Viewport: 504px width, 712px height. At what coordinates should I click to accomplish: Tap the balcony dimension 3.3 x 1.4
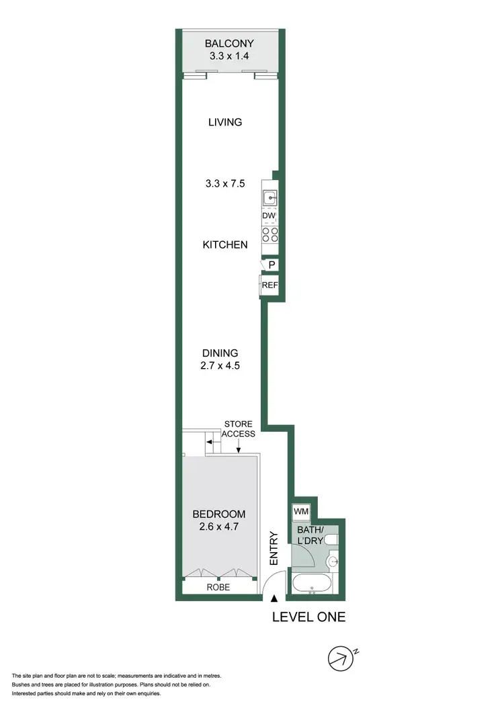[x=230, y=57]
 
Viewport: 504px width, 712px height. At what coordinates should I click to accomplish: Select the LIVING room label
[x=224, y=122]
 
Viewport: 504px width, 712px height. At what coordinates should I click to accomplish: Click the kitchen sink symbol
[x=269, y=198]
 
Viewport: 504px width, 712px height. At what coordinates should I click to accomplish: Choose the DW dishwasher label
[x=269, y=216]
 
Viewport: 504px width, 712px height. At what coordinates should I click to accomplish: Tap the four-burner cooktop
[x=269, y=234]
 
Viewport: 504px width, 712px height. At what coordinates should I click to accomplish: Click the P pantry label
[x=271, y=265]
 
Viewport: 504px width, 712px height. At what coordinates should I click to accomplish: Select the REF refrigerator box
[x=269, y=285]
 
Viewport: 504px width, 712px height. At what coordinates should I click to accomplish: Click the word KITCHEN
[x=225, y=245]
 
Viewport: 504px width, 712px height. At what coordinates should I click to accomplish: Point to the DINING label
[x=221, y=353]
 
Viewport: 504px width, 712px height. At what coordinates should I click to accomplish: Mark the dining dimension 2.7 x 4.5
[x=221, y=366]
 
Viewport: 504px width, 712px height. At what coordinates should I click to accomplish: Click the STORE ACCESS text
[x=239, y=429]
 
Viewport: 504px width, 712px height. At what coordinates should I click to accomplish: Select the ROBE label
[x=218, y=587]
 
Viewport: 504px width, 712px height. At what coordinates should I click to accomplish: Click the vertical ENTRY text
[x=274, y=547]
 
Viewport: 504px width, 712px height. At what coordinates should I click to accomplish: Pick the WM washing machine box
[x=300, y=512]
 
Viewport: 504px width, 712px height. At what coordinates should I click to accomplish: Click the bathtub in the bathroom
[x=310, y=584]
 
